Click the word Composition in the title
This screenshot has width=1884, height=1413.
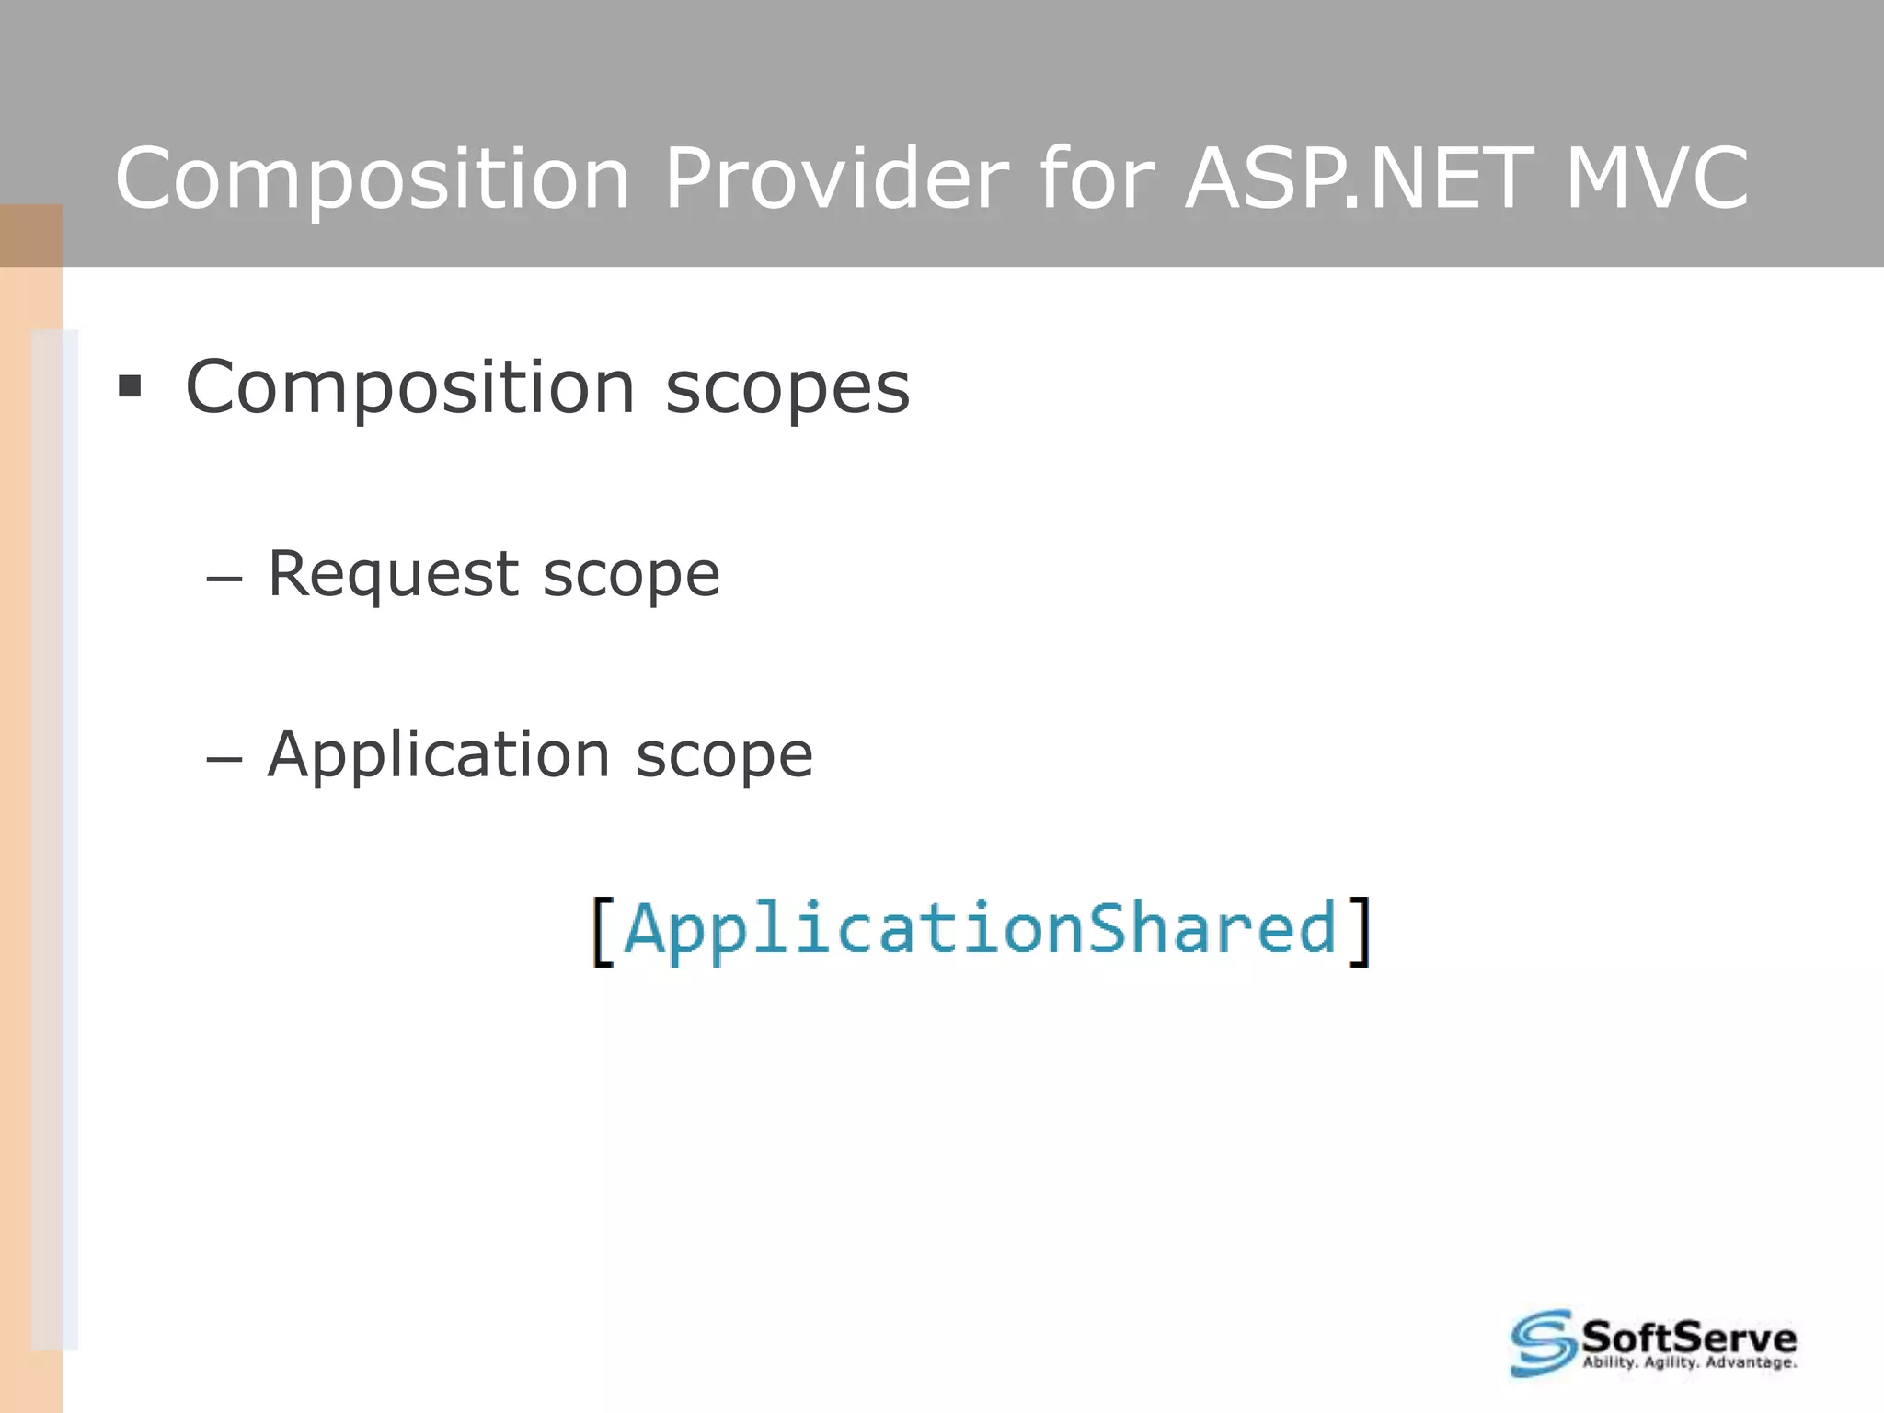pyautogui.click(x=373, y=179)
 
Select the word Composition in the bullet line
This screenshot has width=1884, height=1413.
pyautogui.click(x=410, y=388)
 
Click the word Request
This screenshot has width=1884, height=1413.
pyautogui.click(x=393, y=575)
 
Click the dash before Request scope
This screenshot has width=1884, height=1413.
pyautogui.click(x=224, y=580)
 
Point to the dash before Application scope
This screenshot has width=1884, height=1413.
pyautogui.click(x=224, y=760)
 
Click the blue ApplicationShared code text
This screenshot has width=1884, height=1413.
pyautogui.click(x=980, y=929)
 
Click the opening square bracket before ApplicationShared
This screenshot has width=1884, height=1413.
pyautogui.click(x=603, y=931)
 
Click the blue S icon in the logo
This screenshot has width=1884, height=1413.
pyautogui.click(x=1543, y=1343)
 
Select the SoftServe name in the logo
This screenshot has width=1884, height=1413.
pyautogui.click(x=1688, y=1336)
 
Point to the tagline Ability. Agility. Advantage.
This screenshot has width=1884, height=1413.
pyautogui.click(x=1689, y=1362)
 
